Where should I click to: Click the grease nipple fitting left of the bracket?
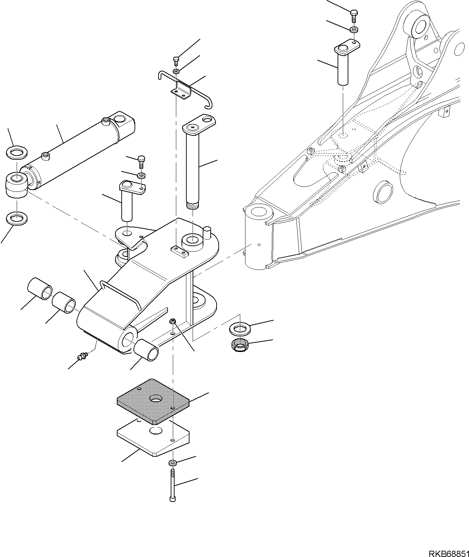click(x=83, y=356)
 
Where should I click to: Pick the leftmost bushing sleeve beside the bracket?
click(x=39, y=289)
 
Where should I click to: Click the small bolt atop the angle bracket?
click(x=176, y=61)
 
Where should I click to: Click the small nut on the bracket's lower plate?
click(x=172, y=321)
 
